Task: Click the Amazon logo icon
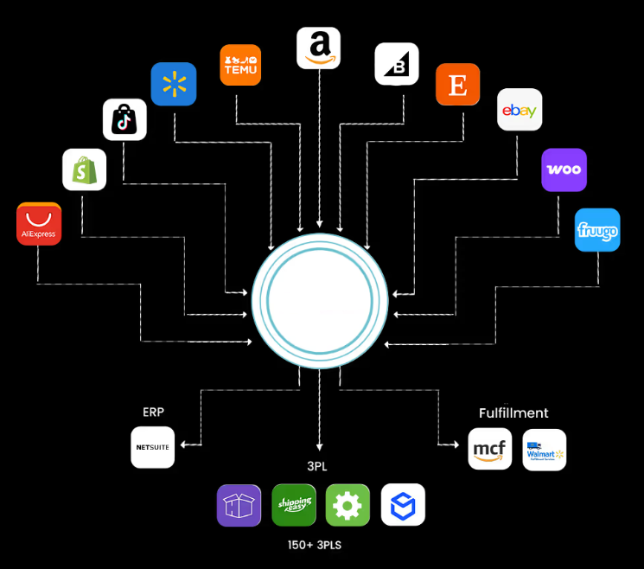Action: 319,48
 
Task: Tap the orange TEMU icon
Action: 240,65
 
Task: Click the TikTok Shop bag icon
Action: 124,119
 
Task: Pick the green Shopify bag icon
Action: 84,169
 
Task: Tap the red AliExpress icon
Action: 39,224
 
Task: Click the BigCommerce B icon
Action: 397,64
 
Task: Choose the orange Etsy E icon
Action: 457,85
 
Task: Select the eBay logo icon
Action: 520,110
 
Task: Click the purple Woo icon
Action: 564,169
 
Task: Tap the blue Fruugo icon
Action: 597,230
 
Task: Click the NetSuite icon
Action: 153,447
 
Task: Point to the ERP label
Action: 153,412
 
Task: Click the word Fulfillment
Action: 513,413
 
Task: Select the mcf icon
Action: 490,450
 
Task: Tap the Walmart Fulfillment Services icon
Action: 545,450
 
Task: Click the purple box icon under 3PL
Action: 239,505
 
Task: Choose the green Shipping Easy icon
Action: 293,505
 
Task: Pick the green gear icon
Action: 348,505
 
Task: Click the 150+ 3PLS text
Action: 319,546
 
